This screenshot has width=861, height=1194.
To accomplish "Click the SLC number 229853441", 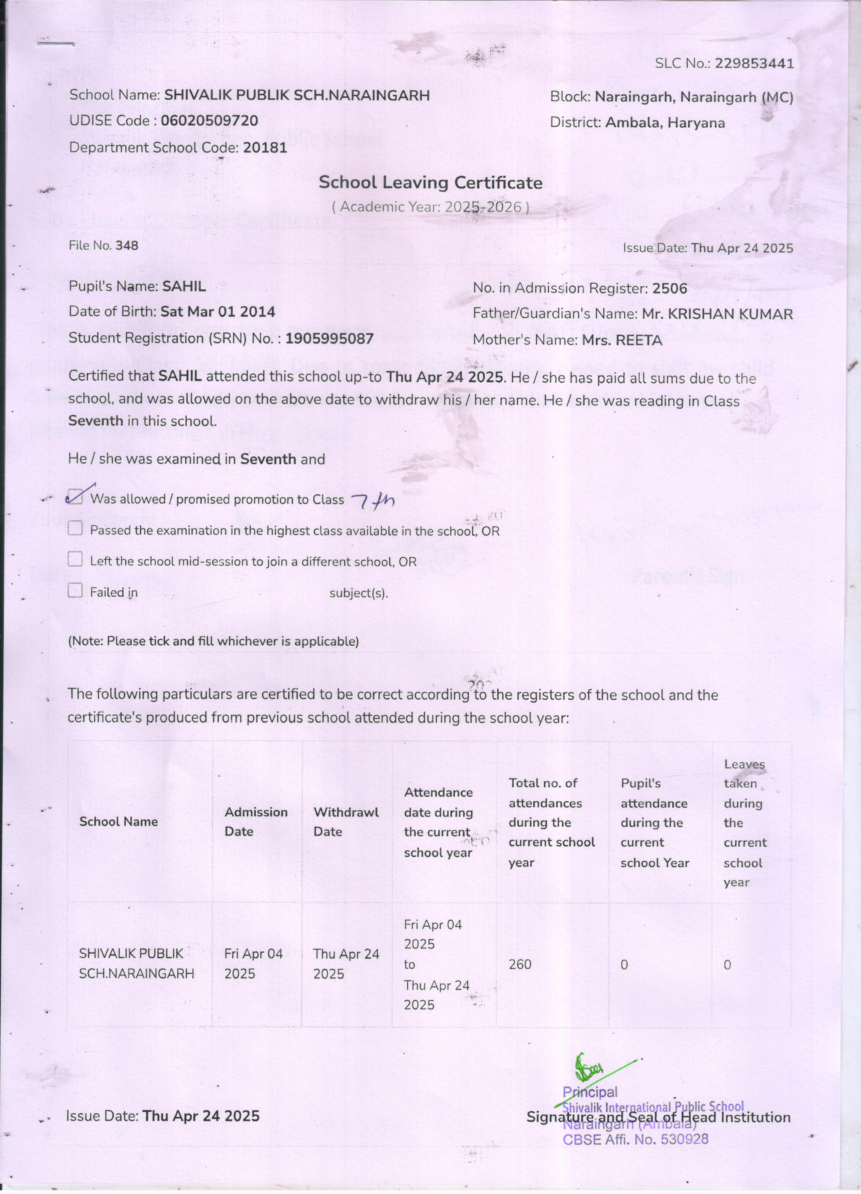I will point(754,64).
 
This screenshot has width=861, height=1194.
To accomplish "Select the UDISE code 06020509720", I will point(209,121).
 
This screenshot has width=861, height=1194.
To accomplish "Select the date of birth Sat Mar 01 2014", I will point(218,312).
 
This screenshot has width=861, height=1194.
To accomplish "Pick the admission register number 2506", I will point(669,288).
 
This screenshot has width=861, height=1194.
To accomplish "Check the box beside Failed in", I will point(75,591).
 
